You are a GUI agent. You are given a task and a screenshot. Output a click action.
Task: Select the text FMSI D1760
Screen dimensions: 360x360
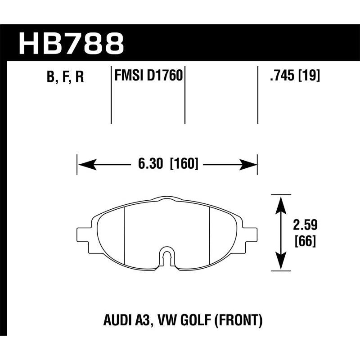(x=148, y=76)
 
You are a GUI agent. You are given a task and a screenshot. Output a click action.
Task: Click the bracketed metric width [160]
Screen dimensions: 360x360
(x=184, y=164)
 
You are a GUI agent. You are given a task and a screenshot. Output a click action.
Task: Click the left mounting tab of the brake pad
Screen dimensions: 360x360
(x=84, y=234)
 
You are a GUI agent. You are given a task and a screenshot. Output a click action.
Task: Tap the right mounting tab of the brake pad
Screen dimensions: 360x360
(x=251, y=234)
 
